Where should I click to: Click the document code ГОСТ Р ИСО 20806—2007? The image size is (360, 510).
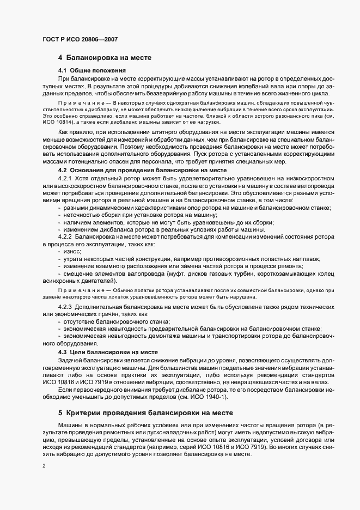[80, 40]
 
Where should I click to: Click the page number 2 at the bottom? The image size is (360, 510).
[44, 466]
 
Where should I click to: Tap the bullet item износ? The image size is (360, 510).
[72, 252]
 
